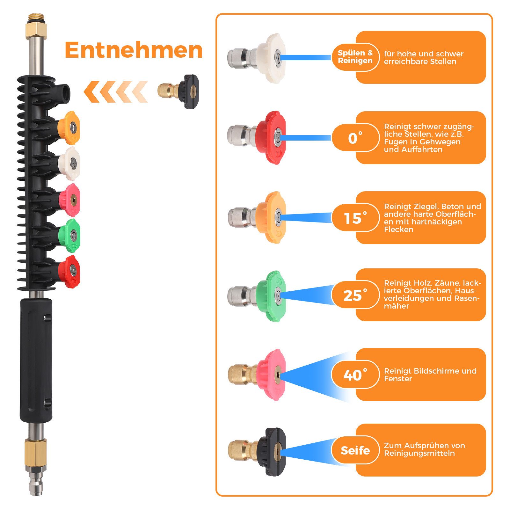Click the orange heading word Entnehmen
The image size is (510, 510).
(x=134, y=50)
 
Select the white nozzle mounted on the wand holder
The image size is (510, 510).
(x=69, y=164)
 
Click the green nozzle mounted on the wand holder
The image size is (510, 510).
(x=69, y=236)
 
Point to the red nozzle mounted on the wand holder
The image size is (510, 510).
(x=69, y=272)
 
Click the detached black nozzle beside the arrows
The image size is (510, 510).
(x=178, y=91)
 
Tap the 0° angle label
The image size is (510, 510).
(x=355, y=138)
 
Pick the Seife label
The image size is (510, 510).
(x=355, y=450)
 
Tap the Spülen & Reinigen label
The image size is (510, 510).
(x=355, y=57)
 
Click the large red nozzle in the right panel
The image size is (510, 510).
(x=257, y=137)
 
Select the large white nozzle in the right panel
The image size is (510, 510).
(x=257, y=58)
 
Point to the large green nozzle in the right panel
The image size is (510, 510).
(x=257, y=296)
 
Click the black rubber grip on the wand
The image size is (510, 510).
(x=36, y=360)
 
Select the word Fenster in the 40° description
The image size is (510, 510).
(x=398, y=379)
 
